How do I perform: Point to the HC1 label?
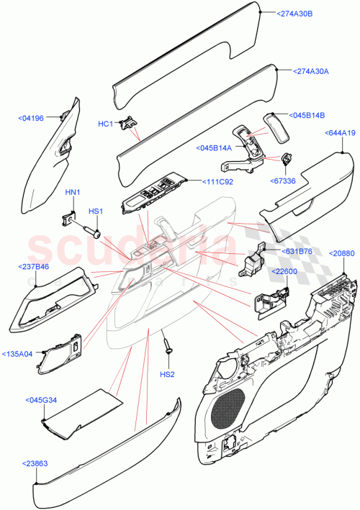point(106,124)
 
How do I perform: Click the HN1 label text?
point(73,192)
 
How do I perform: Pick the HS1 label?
point(95,211)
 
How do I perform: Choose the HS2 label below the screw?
point(167,375)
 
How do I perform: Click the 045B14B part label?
point(308,115)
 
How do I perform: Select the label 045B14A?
point(214,148)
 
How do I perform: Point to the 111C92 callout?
point(216,183)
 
